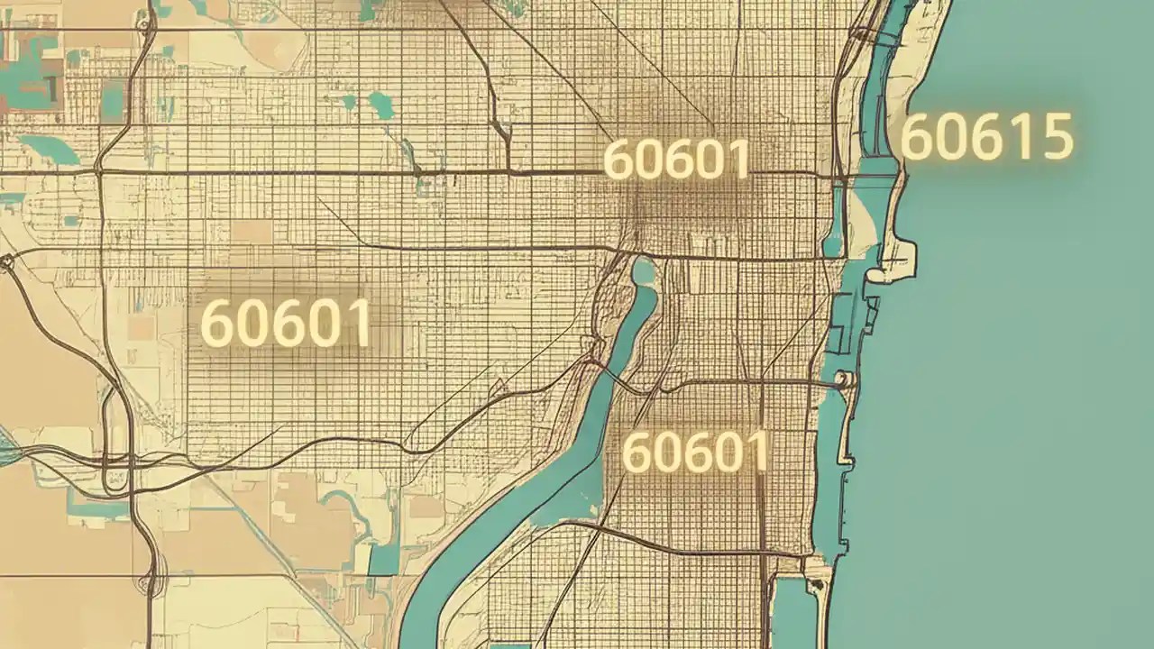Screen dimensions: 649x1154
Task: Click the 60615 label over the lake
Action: pos(987,137)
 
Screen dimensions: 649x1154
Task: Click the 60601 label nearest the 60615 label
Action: pos(676,160)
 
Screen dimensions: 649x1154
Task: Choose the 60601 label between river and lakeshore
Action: pos(695,452)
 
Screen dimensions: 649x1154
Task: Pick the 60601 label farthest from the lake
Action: pos(285,323)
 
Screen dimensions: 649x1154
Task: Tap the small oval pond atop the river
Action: pos(644,270)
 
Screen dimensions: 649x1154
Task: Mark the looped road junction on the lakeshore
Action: pos(845,380)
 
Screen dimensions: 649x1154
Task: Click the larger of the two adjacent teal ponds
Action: pos(381,105)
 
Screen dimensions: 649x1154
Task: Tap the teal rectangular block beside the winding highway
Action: pos(113,99)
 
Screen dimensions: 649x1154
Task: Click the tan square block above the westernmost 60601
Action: pos(252,232)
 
